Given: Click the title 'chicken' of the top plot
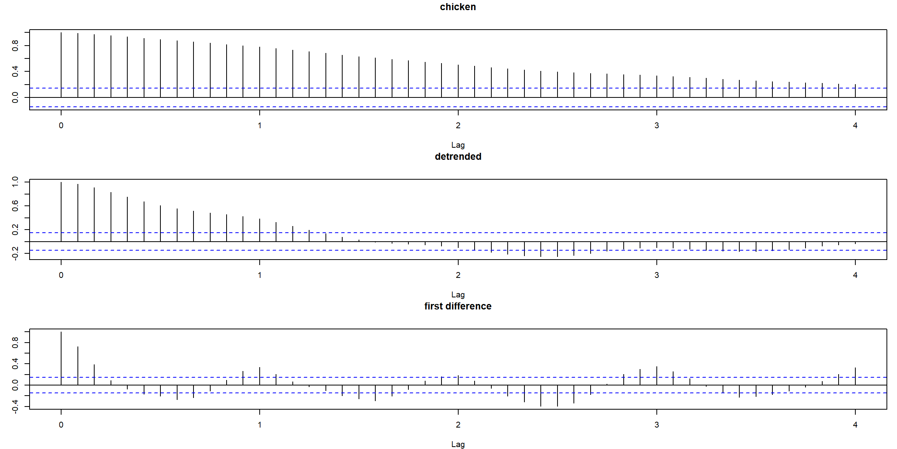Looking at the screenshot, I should (458, 7).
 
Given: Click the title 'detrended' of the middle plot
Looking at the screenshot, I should (458, 157).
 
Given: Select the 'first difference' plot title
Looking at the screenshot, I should (458, 306).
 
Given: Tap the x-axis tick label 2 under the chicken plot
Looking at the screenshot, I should (458, 126).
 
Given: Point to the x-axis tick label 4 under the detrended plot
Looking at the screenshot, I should (855, 275).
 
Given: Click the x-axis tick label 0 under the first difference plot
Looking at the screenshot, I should (61, 425).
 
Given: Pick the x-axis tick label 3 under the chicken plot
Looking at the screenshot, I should (657, 126).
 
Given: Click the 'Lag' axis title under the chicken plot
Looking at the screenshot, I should (458, 145).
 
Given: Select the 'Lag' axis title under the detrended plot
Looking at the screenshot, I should (458, 295).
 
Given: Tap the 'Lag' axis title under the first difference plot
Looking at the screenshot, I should (458, 444).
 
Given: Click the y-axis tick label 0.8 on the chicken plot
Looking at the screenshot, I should (15, 46).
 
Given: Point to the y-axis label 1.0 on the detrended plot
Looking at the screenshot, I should (15, 182).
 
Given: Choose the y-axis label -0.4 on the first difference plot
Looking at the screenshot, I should (15, 407).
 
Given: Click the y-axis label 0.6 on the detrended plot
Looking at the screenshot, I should (15, 206).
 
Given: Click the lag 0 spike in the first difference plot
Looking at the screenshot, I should (61, 359).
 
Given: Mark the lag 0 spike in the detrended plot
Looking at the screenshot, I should (61, 212).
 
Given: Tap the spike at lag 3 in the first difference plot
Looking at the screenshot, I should (657, 376).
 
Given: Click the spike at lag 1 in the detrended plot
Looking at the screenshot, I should (260, 230).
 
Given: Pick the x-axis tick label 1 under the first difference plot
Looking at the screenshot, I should (260, 425).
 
